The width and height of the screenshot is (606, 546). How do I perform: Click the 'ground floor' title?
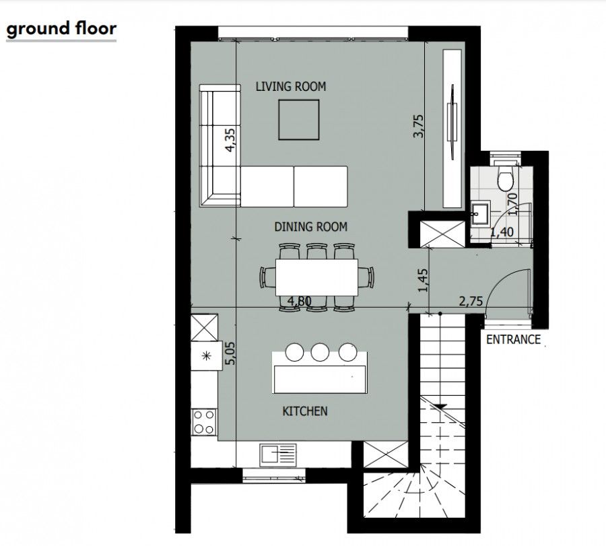coord(61,29)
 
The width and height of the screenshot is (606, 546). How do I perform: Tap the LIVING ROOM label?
coord(291,86)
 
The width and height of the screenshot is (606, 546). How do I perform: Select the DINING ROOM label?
coord(310,227)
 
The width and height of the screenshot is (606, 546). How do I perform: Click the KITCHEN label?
coord(304,411)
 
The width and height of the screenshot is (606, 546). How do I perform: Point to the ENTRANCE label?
coord(513,339)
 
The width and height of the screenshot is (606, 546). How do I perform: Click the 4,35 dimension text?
coord(230,141)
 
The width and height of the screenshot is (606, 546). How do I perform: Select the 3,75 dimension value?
coord(418,127)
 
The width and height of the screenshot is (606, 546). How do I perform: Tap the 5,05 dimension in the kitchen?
coord(230,352)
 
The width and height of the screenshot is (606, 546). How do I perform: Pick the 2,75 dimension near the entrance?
coord(471,302)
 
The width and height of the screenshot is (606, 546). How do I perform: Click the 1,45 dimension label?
coord(423,279)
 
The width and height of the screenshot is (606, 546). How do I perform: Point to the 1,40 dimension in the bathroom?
coord(502,233)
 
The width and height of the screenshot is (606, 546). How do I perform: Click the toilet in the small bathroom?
coord(504,178)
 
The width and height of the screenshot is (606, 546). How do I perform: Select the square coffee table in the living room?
coord(300,119)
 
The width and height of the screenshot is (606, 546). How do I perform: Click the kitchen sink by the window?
coord(277,454)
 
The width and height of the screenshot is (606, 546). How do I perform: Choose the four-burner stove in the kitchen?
coord(203,421)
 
